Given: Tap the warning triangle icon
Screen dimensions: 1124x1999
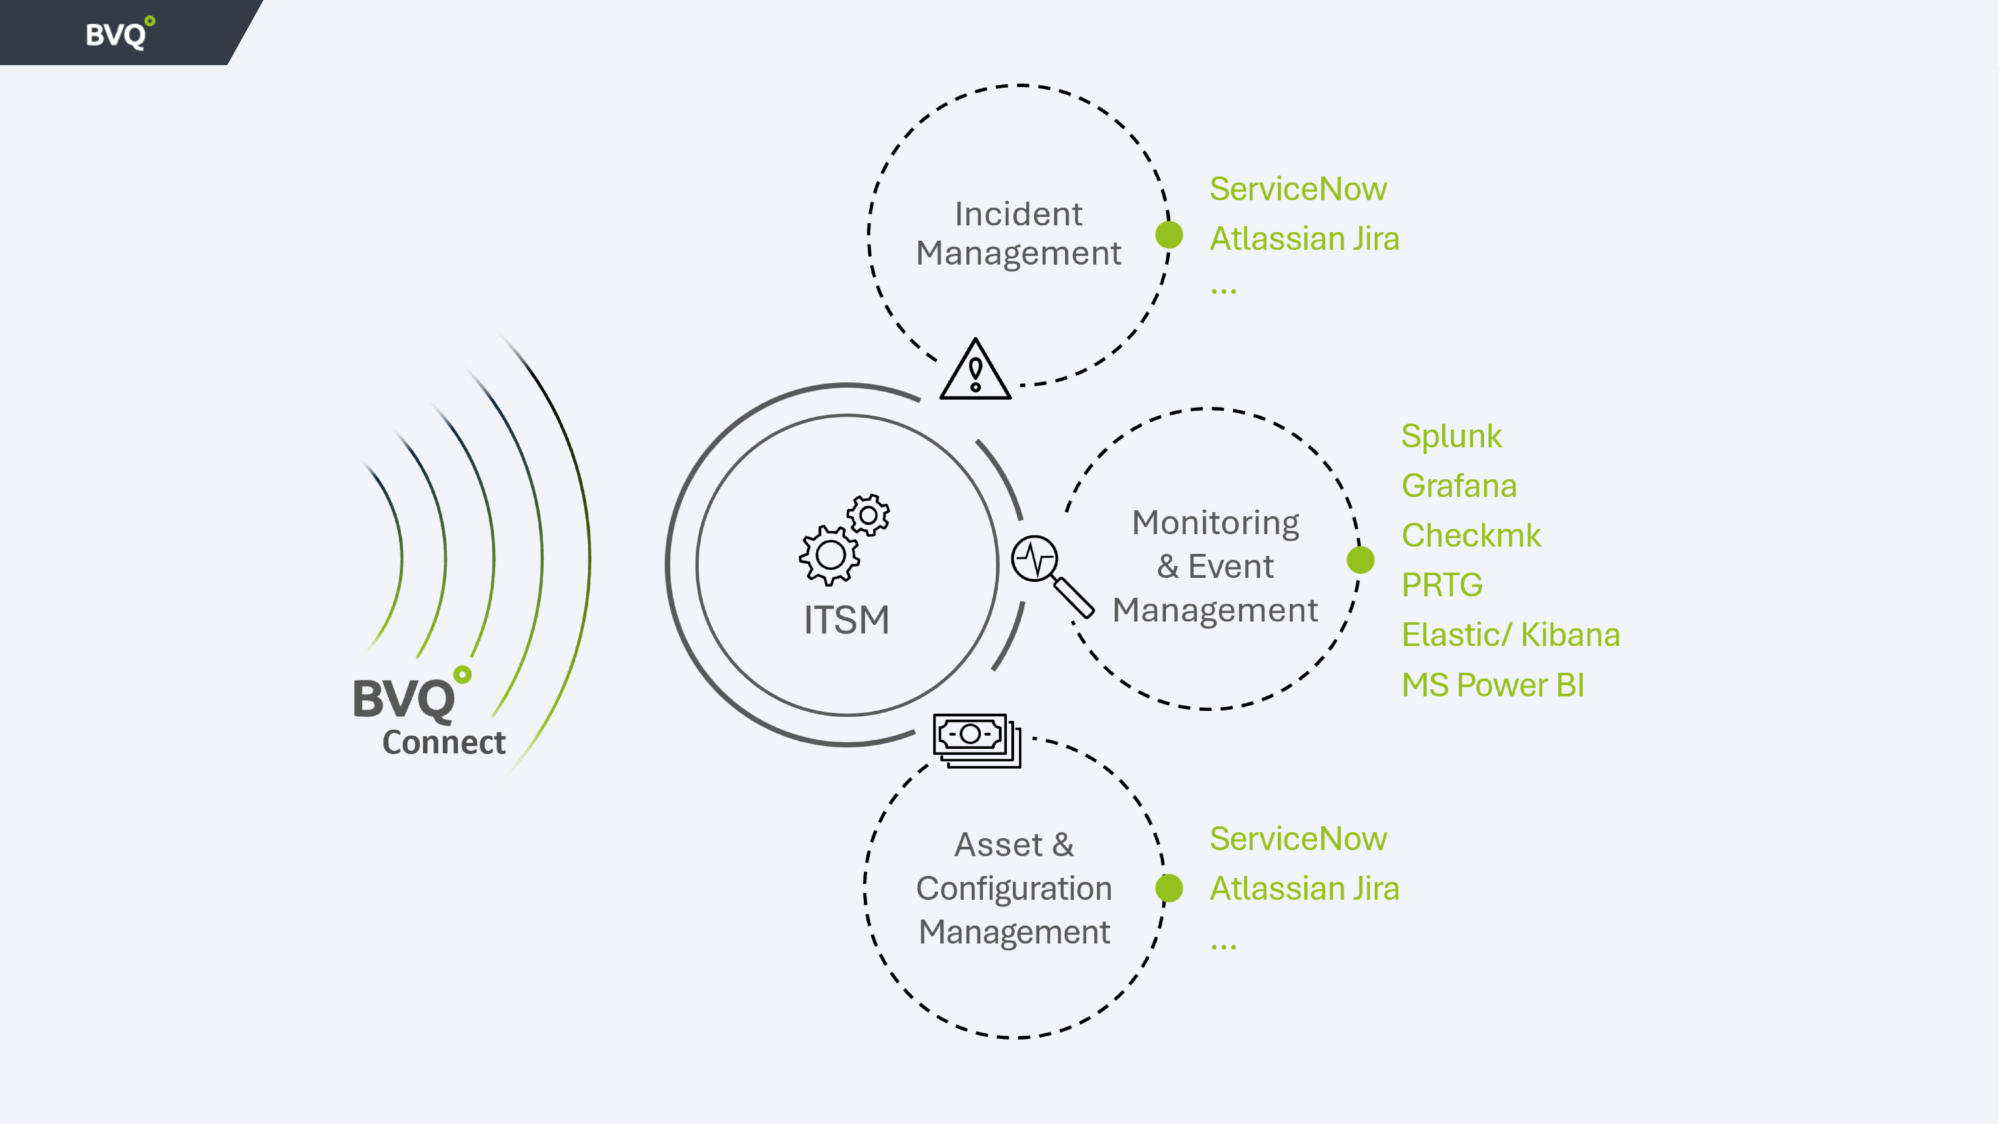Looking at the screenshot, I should coord(975,371).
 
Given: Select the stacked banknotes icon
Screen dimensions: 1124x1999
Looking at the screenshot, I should coord(976,740).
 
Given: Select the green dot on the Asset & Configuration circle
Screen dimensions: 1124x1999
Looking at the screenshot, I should coord(1169,888).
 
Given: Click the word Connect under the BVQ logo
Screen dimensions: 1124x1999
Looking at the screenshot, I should coord(444,742).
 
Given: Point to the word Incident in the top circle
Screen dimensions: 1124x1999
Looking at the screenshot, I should coord(1018,214).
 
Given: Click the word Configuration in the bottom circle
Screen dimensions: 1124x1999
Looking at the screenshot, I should coord(1013,888).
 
